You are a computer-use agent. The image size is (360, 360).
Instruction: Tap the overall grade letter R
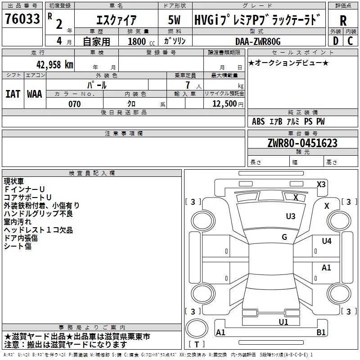(x=343, y=20)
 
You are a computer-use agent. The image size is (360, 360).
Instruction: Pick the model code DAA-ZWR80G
(x=258, y=41)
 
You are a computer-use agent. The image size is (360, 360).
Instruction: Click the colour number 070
(x=74, y=104)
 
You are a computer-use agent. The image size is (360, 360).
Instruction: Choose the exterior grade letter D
(x=335, y=41)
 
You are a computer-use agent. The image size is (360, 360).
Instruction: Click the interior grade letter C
(x=350, y=41)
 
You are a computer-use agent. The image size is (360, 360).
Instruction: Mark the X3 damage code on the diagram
(x=321, y=184)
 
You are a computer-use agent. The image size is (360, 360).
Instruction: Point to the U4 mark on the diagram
(x=327, y=241)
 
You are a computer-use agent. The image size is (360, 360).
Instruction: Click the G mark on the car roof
(x=284, y=237)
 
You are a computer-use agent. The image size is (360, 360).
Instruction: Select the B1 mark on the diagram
(x=321, y=333)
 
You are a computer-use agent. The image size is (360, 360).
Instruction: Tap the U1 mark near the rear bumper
(x=283, y=322)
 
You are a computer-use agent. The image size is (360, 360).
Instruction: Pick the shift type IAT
(x=13, y=94)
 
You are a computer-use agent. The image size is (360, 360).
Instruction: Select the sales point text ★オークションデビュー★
(x=288, y=63)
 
